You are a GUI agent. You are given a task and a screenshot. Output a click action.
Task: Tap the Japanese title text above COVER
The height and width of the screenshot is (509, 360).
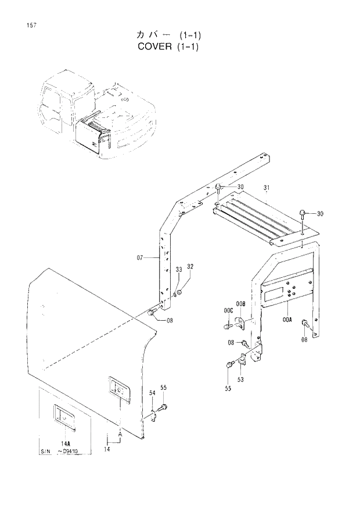(150, 34)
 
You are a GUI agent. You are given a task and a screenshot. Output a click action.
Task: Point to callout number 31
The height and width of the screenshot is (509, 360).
(267, 188)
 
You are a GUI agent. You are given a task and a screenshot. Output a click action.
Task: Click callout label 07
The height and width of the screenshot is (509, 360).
(139, 257)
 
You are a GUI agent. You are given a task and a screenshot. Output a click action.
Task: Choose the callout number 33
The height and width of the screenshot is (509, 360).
(178, 269)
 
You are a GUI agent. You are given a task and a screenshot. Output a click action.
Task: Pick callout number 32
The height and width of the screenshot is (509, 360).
(190, 266)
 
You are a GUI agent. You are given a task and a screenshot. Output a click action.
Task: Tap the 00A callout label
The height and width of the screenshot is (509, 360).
(287, 319)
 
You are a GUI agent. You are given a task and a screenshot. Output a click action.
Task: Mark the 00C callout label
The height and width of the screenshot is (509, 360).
(228, 312)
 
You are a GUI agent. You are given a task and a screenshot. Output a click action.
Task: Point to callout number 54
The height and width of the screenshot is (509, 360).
(153, 394)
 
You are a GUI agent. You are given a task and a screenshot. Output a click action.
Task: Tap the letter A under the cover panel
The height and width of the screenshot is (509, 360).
(120, 434)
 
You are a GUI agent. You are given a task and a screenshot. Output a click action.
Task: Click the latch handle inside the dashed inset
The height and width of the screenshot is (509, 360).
(62, 416)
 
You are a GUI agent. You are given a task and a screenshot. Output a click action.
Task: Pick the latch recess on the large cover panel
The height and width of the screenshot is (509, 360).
(118, 389)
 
